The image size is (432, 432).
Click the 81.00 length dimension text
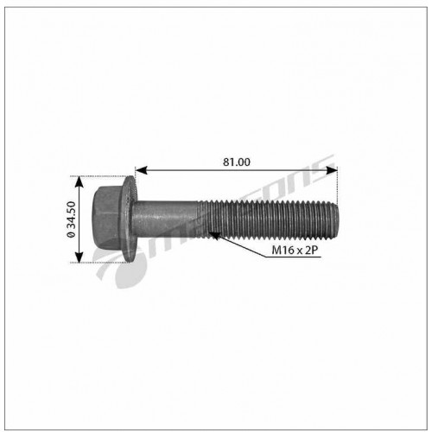coord(237,162)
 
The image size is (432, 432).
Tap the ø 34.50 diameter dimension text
coord(71,219)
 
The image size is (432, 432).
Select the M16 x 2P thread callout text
coord(295,250)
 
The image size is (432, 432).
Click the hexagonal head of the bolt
coord(108,219)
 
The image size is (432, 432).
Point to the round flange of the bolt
coord(130,219)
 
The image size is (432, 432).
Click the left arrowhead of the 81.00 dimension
coord(141,170)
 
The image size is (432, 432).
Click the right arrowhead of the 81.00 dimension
coord(331,170)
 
